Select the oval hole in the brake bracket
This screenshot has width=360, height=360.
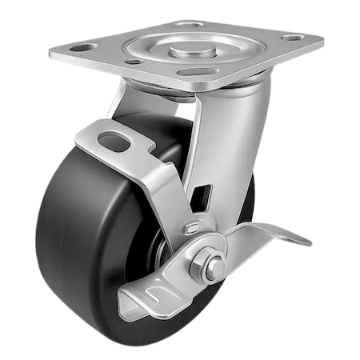113,142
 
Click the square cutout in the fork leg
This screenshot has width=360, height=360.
206,194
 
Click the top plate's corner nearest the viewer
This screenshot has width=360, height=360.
184,87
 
